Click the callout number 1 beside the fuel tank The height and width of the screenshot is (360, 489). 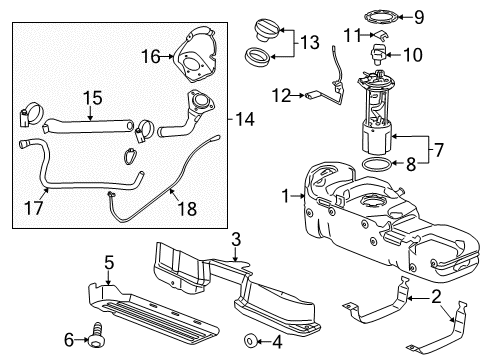(x=286, y=195)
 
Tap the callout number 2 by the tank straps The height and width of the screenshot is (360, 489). (x=437, y=295)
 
